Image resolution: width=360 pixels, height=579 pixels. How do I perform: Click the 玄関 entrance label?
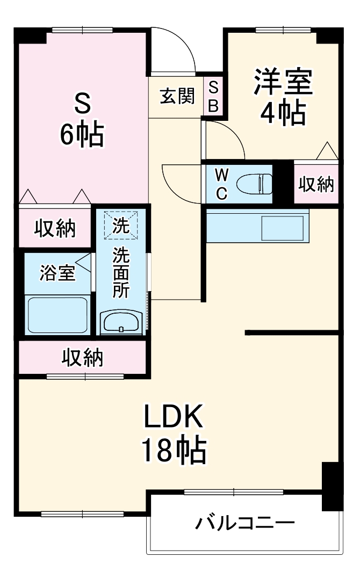tap(177, 97)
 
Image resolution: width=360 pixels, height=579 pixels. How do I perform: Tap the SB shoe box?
tap(213, 96)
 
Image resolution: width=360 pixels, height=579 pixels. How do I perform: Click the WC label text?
tap(221, 184)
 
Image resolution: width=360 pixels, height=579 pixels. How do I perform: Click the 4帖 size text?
tap(283, 113)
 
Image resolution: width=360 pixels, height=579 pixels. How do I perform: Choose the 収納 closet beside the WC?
tap(316, 185)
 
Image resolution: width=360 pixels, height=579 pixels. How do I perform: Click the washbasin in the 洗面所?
tap(121, 323)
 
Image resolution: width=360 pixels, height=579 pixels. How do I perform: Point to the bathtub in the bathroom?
tap(57, 315)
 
